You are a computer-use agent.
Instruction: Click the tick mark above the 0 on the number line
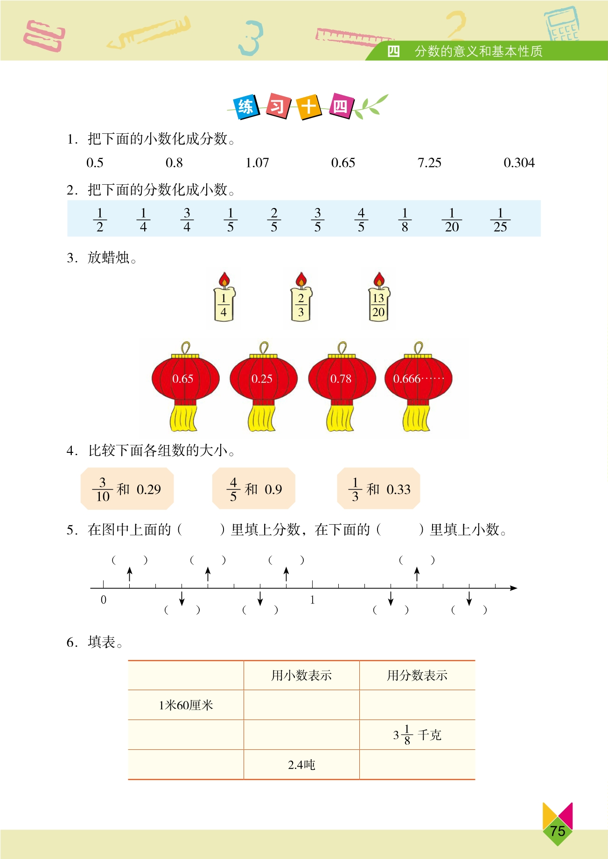click(104, 584)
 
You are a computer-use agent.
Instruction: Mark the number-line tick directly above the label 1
click(312, 584)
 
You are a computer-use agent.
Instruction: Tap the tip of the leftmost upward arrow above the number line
click(130, 568)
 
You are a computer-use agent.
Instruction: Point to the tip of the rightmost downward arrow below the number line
click(469, 606)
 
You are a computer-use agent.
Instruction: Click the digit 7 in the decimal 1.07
click(265, 163)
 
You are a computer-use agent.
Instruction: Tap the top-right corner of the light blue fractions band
click(541, 201)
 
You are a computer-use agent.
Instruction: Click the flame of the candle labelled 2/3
click(301, 280)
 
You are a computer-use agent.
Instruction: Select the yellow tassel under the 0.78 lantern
click(340, 418)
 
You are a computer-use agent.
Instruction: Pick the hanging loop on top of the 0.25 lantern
click(264, 348)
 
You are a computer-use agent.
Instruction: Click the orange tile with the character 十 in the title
click(309, 106)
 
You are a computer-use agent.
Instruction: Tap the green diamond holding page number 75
click(558, 831)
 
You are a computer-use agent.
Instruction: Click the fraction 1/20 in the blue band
click(452, 220)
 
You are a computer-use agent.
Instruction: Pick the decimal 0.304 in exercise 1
click(519, 163)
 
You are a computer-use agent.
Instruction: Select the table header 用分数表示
click(417, 675)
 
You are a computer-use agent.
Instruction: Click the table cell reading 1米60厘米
click(186, 705)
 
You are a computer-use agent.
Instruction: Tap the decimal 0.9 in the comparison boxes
click(273, 489)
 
